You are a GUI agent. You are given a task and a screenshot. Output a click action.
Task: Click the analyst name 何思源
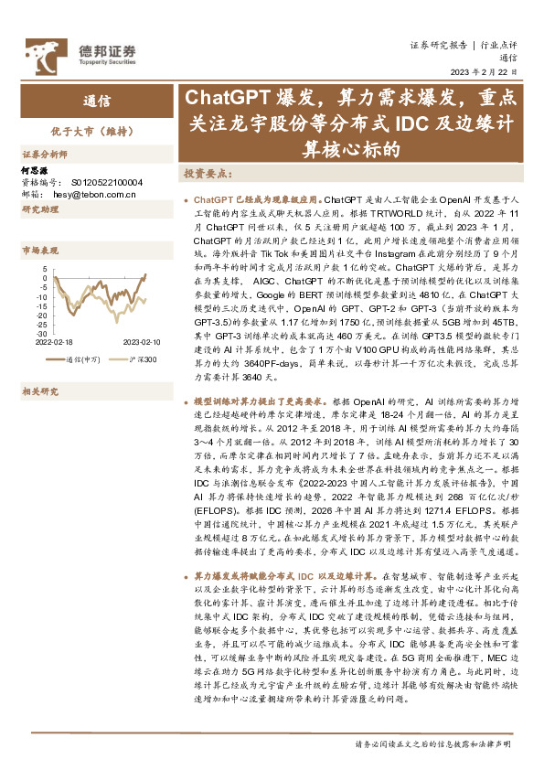click(x=33, y=170)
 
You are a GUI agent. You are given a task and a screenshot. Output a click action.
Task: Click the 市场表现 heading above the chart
click(x=40, y=249)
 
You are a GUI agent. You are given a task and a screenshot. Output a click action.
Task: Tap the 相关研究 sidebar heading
click(x=40, y=367)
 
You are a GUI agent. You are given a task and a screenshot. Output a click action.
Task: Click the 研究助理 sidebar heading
click(x=40, y=209)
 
